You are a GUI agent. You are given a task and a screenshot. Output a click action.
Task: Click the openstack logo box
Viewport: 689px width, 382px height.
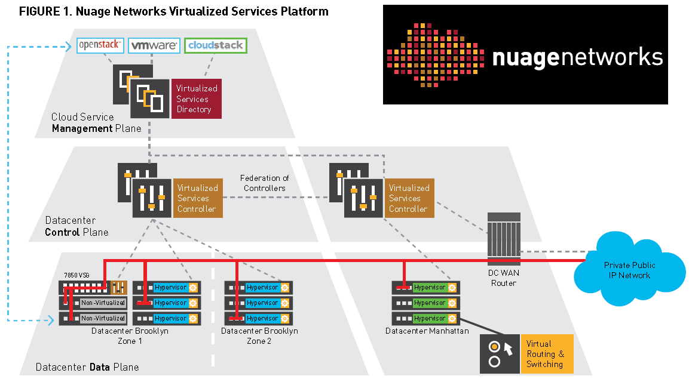(x=100, y=45)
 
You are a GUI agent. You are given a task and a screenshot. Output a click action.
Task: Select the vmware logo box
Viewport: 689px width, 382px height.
(x=154, y=45)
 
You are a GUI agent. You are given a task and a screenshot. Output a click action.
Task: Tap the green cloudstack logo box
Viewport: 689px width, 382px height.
(x=215, y=45)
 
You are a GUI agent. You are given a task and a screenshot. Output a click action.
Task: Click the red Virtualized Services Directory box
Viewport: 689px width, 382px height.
(x=197, y=98)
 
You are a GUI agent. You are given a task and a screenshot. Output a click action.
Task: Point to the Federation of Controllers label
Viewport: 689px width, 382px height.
(x=264, y=183)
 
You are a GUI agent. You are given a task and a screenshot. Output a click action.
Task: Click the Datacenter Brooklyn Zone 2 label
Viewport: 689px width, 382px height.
(x=259, y=335)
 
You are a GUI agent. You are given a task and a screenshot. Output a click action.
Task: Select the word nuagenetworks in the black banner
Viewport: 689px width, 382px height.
(x=577, y=57)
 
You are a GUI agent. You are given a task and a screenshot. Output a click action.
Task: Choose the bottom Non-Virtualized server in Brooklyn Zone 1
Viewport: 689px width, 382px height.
(x=103, y=318)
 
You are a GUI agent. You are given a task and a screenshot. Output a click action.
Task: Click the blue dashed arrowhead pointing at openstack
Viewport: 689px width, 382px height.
(x=68, y=45)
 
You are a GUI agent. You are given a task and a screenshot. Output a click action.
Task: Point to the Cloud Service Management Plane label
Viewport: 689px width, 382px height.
(x=96, y=122)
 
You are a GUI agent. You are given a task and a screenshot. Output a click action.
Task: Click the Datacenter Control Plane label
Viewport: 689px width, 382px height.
(x=77, y=226)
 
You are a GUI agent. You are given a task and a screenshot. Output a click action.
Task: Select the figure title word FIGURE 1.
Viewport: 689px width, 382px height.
(x=45, y=11)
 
